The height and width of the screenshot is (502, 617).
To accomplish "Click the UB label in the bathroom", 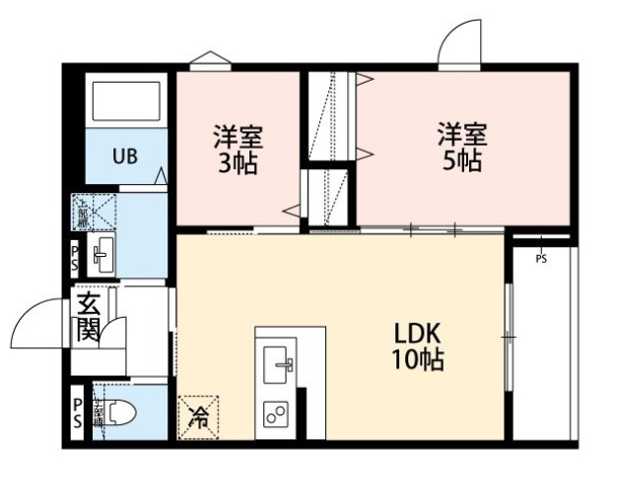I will [x=123, y=156].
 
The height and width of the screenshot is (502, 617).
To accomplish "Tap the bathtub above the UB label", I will [x=124, y=101].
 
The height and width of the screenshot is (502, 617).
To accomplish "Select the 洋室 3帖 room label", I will [x=238, y=149].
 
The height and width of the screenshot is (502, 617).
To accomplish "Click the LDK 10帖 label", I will [x=418, y=345].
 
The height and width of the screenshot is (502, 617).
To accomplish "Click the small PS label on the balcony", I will [x=541, y=259].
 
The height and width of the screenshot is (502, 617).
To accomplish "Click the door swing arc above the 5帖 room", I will [x=459, y=44].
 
